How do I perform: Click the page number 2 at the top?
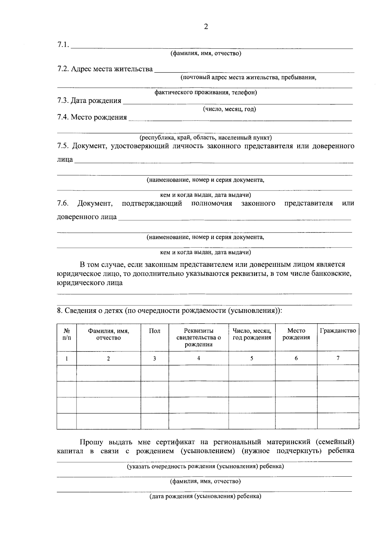coord(206,27)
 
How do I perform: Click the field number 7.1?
coord(63,45)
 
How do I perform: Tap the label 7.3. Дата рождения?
coord(89,101)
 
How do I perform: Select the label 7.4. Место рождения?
coord(92,117)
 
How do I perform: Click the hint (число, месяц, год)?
coord(229,109)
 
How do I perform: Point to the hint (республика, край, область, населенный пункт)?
coord(206,138)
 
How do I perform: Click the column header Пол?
coord(155,331)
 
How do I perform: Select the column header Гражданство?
coord(338,331)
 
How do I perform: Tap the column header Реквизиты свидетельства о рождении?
coord(199,337)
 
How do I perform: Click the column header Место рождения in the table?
coord(296,334)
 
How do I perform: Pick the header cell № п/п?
coord(67,334)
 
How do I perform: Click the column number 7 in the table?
coord(338,358)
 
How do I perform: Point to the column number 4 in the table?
coord(199,358)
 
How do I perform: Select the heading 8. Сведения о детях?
coord(169,311)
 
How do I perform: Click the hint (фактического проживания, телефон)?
coord(206,93)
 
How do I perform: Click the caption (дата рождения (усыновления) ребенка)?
coord(205,497)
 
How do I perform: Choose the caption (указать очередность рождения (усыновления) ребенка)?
coord(205,467)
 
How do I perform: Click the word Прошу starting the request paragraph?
coord(91,442)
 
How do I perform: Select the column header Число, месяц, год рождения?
coord(252,334)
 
